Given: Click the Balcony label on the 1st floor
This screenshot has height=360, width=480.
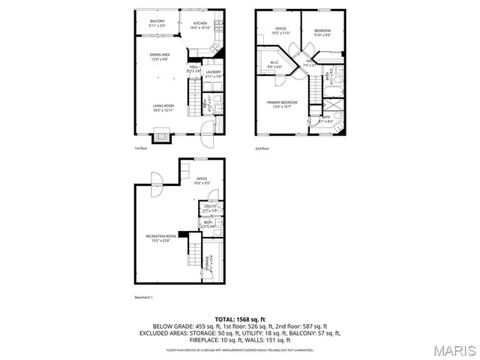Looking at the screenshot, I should (x=156, y=22).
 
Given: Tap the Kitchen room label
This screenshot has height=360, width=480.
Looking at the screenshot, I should (x=200, y=25).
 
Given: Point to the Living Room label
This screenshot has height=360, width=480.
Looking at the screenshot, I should (x=163, y=107).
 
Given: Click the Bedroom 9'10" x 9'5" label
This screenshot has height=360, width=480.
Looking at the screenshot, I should (x=322, y=32).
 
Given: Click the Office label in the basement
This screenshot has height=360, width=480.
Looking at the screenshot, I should (x=202, y=180).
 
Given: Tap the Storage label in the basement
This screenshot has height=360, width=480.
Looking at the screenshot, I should (x=212, y=263).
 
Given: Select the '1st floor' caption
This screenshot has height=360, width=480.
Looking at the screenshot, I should (x=140, y=148).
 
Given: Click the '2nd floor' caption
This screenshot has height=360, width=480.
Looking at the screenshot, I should (x=262, y=148).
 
